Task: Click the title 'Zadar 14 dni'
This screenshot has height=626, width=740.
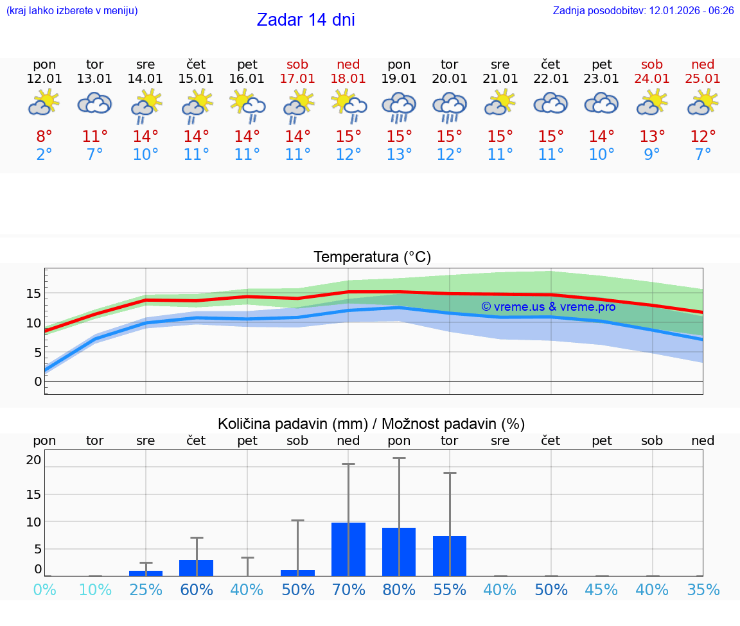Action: click(x=306, y=20)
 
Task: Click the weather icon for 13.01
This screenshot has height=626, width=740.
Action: click(x=95, y=103)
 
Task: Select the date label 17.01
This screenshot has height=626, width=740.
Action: click(x=297, y=79)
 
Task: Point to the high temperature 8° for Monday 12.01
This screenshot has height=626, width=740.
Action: click(x=44, y=137)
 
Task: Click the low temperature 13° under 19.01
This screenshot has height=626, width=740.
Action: click(x=399, y=155)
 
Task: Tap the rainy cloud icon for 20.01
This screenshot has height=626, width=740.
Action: click(x=450, y=106)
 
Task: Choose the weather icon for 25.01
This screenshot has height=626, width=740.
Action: click(x=703, y=103)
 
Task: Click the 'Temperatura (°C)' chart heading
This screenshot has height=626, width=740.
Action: click(x=372, y=257)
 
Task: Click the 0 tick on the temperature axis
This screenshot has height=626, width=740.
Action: click(x=38, y=381)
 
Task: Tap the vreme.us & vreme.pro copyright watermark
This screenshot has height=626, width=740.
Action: click(x=549, y=307)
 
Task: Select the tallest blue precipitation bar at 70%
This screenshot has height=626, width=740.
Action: click(x=349, y=549)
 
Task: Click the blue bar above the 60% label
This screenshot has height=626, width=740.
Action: click(x=197, y=568)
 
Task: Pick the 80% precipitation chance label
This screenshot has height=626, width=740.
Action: click(x=399, y=590)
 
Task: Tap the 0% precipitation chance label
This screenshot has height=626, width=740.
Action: click(x=44, y=590)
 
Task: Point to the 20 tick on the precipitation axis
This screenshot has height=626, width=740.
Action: click(x=33, y=460)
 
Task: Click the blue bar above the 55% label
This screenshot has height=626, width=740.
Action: click(x=450, y=556)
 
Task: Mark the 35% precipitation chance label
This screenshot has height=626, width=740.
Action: click(x=703, y=590)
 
